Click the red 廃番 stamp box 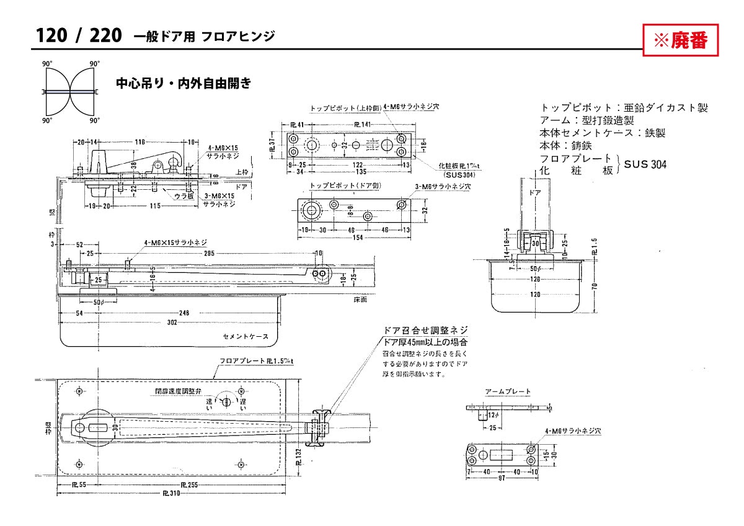[680, 40]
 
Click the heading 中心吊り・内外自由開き [184, 83]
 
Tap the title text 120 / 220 [78, 36]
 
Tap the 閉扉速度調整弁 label [179, 391]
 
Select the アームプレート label [508, 391]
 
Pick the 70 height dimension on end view [595, 287]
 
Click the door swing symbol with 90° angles [70, 92]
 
